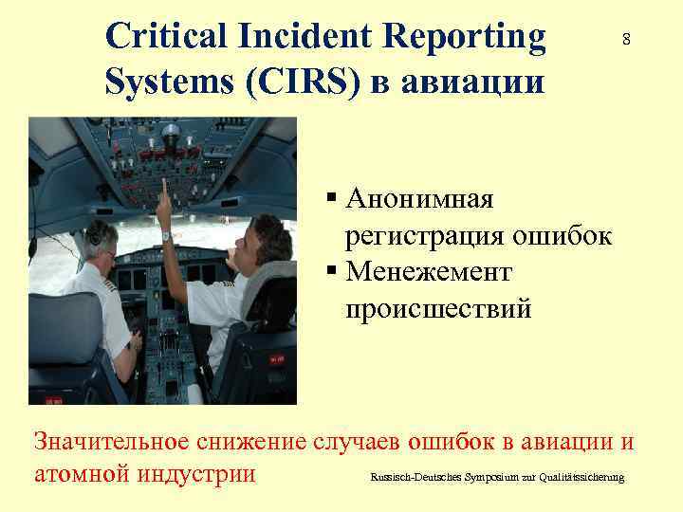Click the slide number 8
[626, 40]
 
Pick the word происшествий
[438, 309]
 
